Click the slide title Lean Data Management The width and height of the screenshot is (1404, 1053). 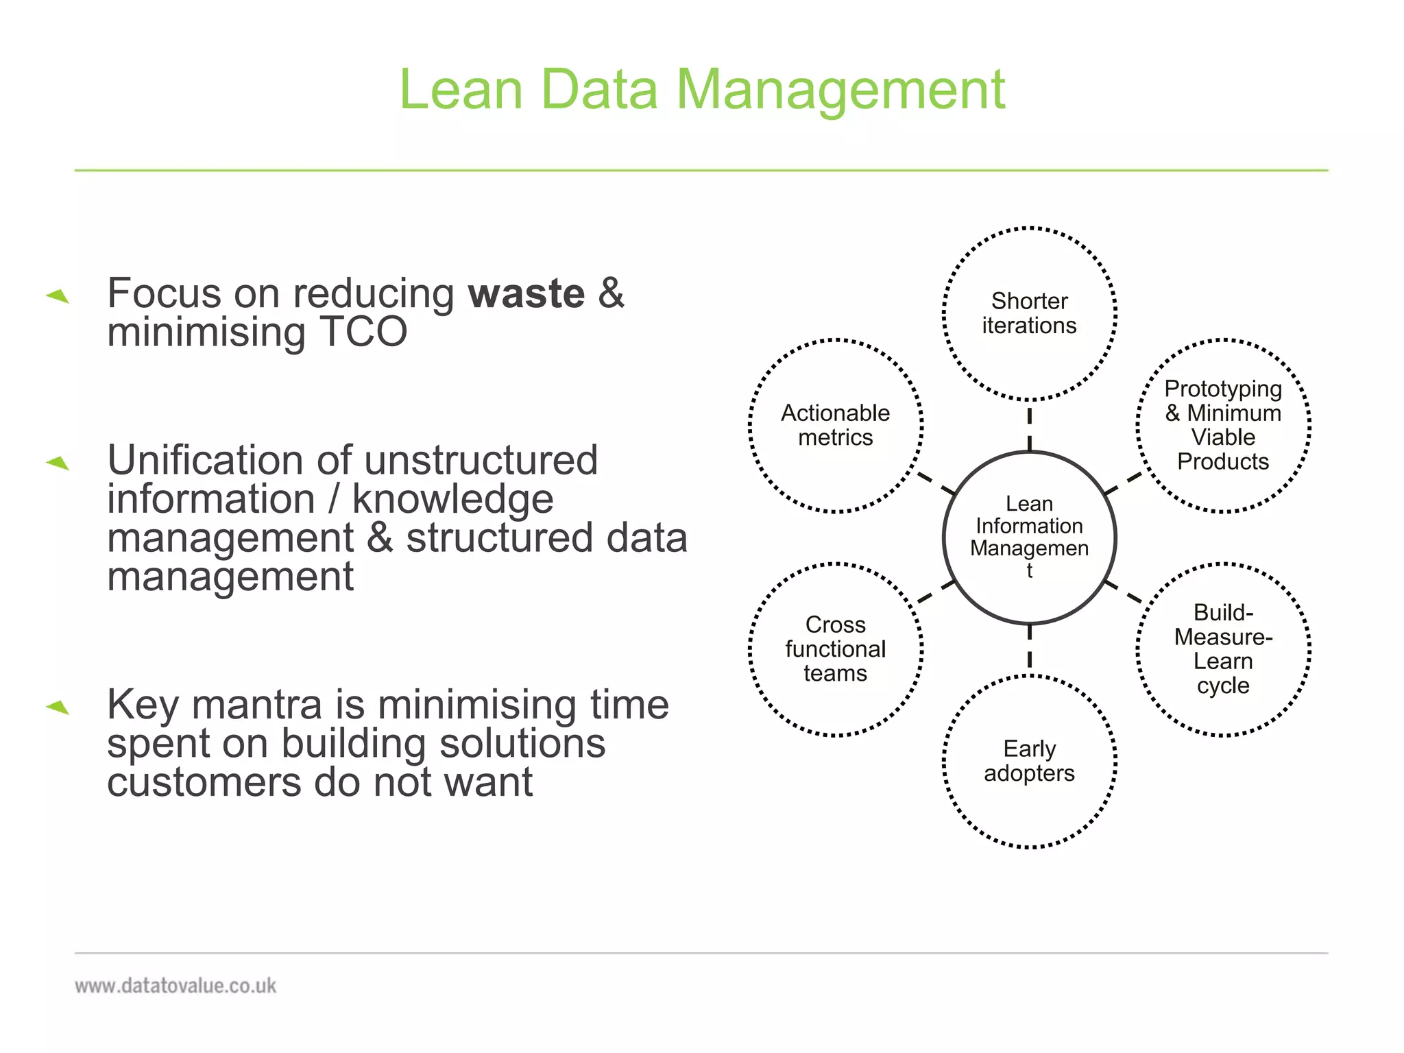point(701,89)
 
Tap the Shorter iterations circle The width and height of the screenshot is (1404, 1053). point(1029,313)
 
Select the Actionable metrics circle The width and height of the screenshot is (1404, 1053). point(835,426)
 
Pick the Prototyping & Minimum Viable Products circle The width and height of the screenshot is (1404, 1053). point(1223,426)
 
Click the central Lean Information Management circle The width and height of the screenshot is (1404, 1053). point(1029,537)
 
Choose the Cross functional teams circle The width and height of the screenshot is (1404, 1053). point(835,649)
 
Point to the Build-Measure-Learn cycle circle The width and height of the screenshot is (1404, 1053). point(1223,649)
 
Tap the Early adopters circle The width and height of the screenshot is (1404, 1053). point(1029,761)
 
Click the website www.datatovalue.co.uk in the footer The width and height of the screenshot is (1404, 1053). point(175,986)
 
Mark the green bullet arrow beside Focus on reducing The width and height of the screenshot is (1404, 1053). point(58,295)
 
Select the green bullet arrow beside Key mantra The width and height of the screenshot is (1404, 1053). point(58,707)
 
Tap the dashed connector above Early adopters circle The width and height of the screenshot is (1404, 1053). point(1029,648)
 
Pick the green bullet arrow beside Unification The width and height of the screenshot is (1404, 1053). point(58,463)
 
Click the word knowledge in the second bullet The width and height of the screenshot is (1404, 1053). point(452,499)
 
